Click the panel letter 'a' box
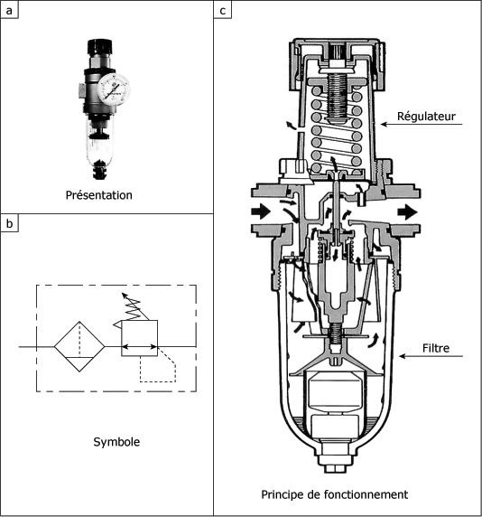(x=9, y=10)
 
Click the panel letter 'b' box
(x=9, y=223)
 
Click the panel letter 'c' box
(x=223, y=10)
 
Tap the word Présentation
(x=98, y=195)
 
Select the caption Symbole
(x=116, y=442)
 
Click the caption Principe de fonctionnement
(x=335, y=494)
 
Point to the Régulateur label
(x=426, y=116)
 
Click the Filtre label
(x=436, y=348)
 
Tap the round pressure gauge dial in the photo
(x=114, y=89)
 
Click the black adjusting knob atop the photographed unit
(x=100, y=47)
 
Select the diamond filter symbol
(x=79, y=346)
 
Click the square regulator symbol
(x=140, y=338)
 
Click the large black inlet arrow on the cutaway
(x=261, y=211)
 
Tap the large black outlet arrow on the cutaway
(x=408, y=212)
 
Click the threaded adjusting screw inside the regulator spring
(x=337, y=98)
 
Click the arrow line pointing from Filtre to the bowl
(x=431, y=356)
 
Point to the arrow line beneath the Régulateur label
(x=422, y=125)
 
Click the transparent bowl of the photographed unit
(x=100, y=142)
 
